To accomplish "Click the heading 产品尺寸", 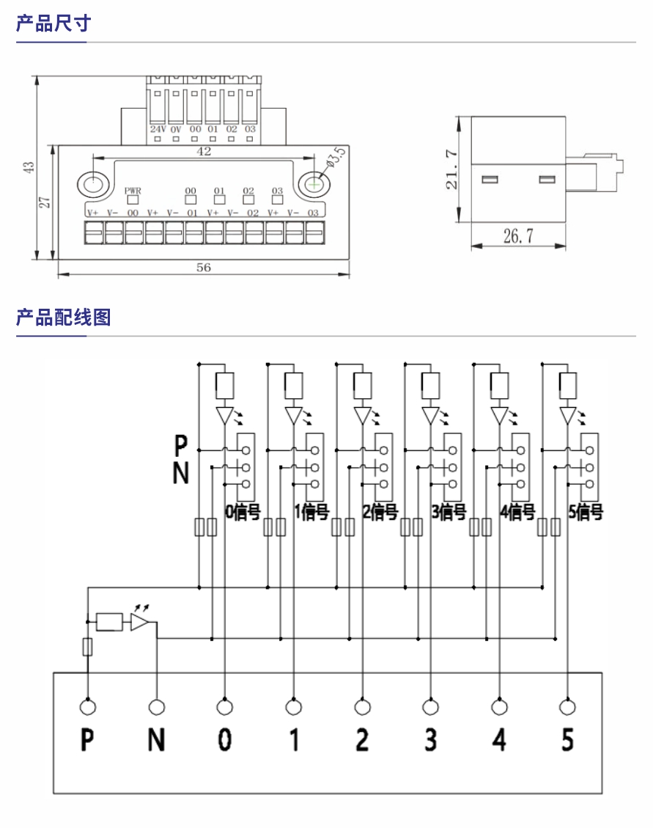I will pos(53,23).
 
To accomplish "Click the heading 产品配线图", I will pos(63,318).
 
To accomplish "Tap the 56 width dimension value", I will pos(203,268).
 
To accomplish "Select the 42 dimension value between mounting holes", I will pos(204,152).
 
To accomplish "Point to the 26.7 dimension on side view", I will pos(517,235).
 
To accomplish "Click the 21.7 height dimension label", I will pos(452,169).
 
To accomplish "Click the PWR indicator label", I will pos(133,190).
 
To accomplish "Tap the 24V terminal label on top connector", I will pos(158,129).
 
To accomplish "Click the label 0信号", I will pos(242,512).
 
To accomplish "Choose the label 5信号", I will pos(586,512).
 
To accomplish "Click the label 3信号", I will pos(449,512).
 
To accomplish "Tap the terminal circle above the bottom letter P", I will pos(87,707).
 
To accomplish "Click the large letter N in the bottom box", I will pos(156,740).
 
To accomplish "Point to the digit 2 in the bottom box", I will pos(362,740).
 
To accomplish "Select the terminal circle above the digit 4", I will pos(499,707).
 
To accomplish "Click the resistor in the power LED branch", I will pos(111,622).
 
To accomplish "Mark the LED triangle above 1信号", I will pos(294,416).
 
